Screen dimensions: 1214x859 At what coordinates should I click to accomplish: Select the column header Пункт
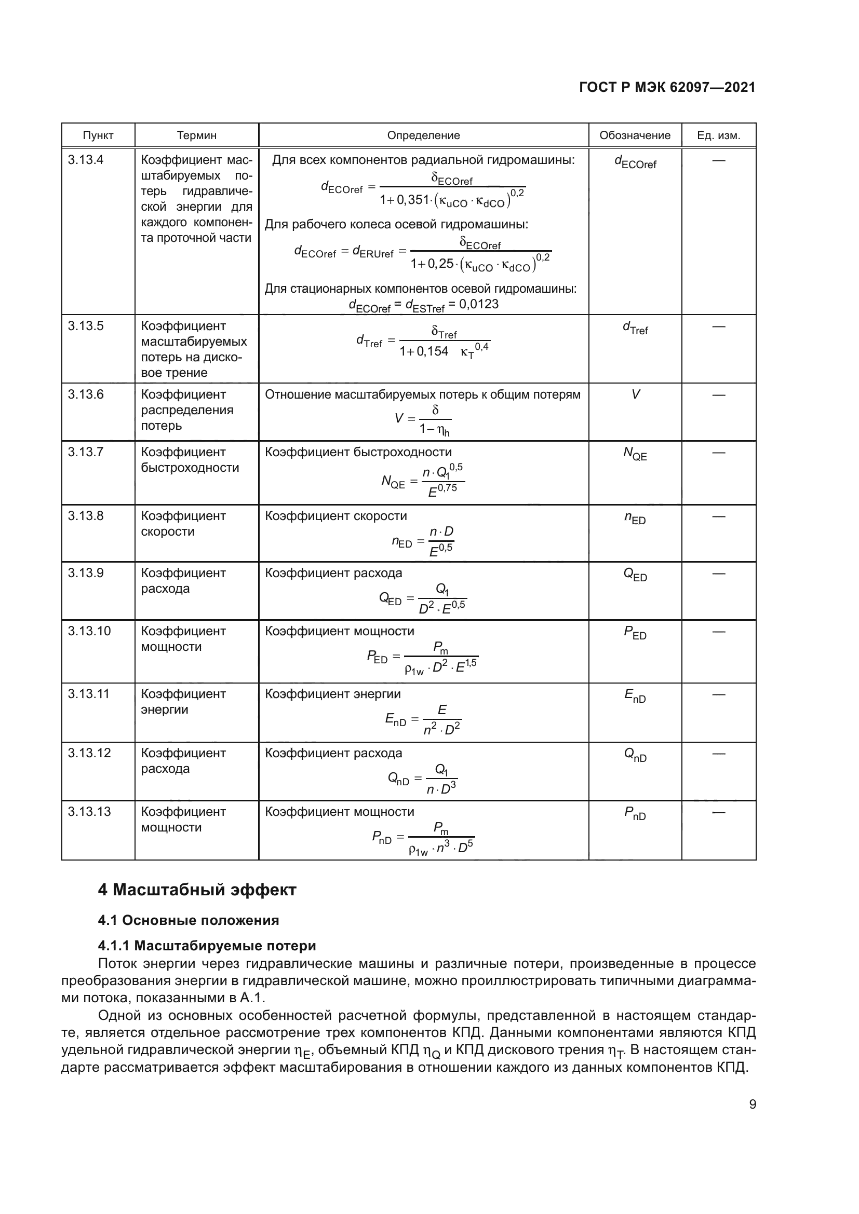pyautogui.click(x=98, y=135)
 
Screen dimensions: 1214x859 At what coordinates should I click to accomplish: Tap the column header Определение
pyautogui.click(x=423, y=135)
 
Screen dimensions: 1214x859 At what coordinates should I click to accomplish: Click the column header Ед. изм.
pyautogui.click(x=718, y=135)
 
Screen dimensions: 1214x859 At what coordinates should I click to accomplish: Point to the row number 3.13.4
pyautogui.click(x=85, y=160)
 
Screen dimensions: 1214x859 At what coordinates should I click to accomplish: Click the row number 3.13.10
pyautogui.click(x=89, y=631)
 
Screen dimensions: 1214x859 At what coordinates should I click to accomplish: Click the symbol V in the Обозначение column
pyautogui.click(x=635, y=394)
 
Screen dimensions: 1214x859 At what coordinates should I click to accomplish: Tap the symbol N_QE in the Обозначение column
pyautogui.click(x=635, y=454)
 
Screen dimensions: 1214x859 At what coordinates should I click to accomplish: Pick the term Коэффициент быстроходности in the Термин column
pyautogui.click(x=190, y=460)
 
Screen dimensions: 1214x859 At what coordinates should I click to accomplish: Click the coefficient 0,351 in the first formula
pyautogui.click(x=412, y=200)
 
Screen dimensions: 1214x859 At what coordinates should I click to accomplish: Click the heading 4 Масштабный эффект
pyautogui.click(x=197, y=890)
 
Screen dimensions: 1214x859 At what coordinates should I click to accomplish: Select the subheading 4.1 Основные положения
pyautogui.click(x=189, y=921)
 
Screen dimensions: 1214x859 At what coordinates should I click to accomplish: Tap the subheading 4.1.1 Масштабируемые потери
pyautogui.click(x=207, y=946)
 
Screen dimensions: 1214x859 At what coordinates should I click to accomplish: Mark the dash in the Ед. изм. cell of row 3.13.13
pyautogui.click(x=718, y=812)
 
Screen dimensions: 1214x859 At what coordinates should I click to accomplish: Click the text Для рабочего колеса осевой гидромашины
pyautogui.click(x=396, y=224)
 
